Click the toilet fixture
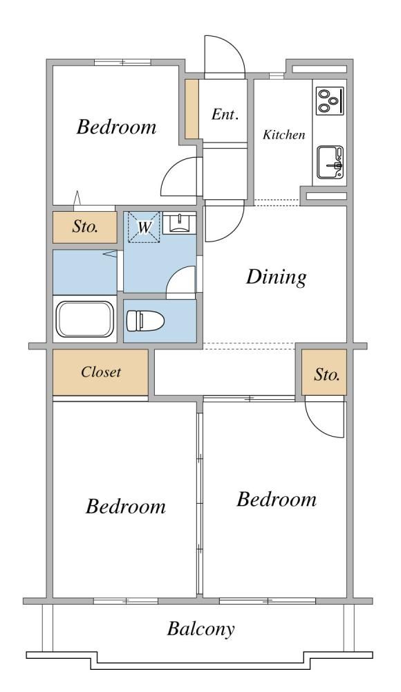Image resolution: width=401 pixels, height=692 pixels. tap(145, 321)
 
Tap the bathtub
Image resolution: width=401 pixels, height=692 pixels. tap(85, 319)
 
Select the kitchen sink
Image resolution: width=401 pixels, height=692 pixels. tap(330, 163)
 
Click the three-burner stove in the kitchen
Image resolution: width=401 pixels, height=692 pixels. tap(330, 101)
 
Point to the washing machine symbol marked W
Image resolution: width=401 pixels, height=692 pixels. tap(144, 227)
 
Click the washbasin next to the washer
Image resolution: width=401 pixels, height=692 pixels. tap(178, 223)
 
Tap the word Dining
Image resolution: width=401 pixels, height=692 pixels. tap(276, 277)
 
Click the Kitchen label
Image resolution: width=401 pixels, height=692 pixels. tap(283, 135)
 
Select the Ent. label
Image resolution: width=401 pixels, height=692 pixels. tap(225, 114)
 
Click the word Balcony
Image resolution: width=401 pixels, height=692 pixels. tap(200, 629)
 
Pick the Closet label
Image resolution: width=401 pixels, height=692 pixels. tap(100, 372)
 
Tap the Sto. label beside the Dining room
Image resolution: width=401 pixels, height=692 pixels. tap(327, 374)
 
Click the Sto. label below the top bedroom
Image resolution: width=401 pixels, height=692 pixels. tap(85, 227)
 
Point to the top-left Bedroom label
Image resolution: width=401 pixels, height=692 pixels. tap(116, 127)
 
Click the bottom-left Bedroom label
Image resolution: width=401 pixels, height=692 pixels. tap(126, 506)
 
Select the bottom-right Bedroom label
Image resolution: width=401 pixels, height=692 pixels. tap(277, 499)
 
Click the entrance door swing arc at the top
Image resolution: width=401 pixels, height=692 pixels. tap(236, 48)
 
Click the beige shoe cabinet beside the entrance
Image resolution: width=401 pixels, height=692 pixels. tap(192, 109)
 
